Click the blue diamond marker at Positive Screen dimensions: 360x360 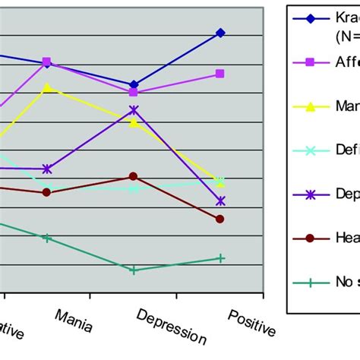point(220,33)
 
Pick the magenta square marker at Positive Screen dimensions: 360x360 point(220,74)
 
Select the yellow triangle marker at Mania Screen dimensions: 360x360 point(47,87)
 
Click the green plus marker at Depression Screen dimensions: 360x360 point(134,270)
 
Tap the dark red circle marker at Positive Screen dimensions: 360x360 point(220,219)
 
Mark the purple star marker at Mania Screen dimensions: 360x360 point(47,169)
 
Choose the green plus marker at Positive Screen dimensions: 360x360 point(220,258)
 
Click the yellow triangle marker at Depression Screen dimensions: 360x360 point(134,122)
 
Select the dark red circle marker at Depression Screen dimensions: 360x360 point(134,177)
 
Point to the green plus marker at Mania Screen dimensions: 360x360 point(47,238)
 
